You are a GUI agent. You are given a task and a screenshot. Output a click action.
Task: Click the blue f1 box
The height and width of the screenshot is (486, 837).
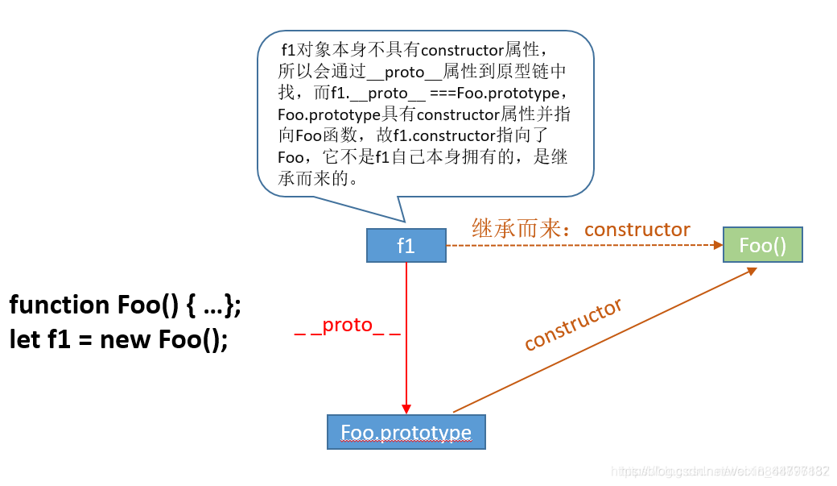406,245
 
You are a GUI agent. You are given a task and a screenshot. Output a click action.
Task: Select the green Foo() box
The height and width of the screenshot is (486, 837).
762,245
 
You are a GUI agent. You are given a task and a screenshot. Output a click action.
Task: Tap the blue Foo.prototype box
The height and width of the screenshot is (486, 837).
406,432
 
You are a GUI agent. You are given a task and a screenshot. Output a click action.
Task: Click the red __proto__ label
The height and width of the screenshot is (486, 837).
347,325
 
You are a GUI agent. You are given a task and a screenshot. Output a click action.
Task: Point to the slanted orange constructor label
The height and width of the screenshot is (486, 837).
573,325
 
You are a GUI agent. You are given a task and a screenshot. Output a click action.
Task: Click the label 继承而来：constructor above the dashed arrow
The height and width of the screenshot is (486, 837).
580,230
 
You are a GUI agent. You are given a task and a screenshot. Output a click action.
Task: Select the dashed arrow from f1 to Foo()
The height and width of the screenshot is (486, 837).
579,245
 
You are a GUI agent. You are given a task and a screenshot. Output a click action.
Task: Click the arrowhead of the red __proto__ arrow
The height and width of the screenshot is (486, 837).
406,409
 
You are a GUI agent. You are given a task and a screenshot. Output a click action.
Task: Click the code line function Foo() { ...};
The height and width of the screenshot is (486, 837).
125,305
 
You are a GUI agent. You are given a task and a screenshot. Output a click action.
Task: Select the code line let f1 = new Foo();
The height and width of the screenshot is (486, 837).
118,339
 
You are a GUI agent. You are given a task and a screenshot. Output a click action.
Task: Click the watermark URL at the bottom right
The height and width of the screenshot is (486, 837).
720,470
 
